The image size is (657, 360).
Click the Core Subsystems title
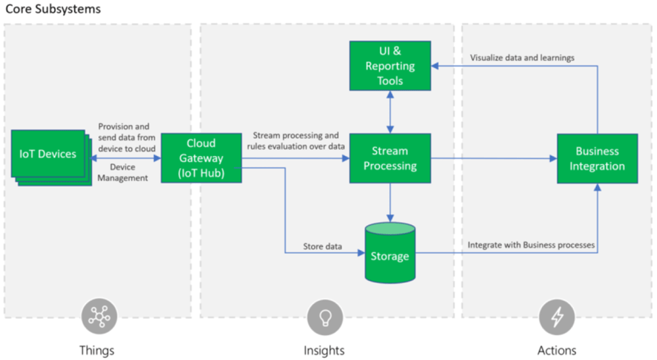(x=53, y=9)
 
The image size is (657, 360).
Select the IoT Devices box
(x=51, y=158)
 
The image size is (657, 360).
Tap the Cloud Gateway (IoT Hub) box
(x=201, y=158)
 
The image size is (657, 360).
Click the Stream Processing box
(x=390, y=158)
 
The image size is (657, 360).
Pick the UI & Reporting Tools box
(x=390, y=66)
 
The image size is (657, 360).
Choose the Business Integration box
(x=597, y=159)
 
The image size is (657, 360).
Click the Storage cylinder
(x=390, y=253)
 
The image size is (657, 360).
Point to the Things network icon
(x=99, y=317)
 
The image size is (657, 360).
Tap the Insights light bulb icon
(x=325, y=317)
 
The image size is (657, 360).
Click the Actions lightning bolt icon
(x=557, y=317)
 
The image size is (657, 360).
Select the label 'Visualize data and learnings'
(x=522, y=58)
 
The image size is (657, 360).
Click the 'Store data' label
(x=322, y=247)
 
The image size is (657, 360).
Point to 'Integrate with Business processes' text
(x=531, y=245)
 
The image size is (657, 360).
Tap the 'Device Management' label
(x=122, y=172)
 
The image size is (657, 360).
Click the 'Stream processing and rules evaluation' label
(x=296, y=141)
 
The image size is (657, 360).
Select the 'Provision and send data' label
(x=127, y=138)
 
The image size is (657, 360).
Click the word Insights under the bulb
(x=324, y=350)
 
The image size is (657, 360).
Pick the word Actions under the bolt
(x=557, y=350)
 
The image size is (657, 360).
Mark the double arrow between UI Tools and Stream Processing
(x=390, y=112)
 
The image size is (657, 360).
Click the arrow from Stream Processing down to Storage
(x=390, y=203)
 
